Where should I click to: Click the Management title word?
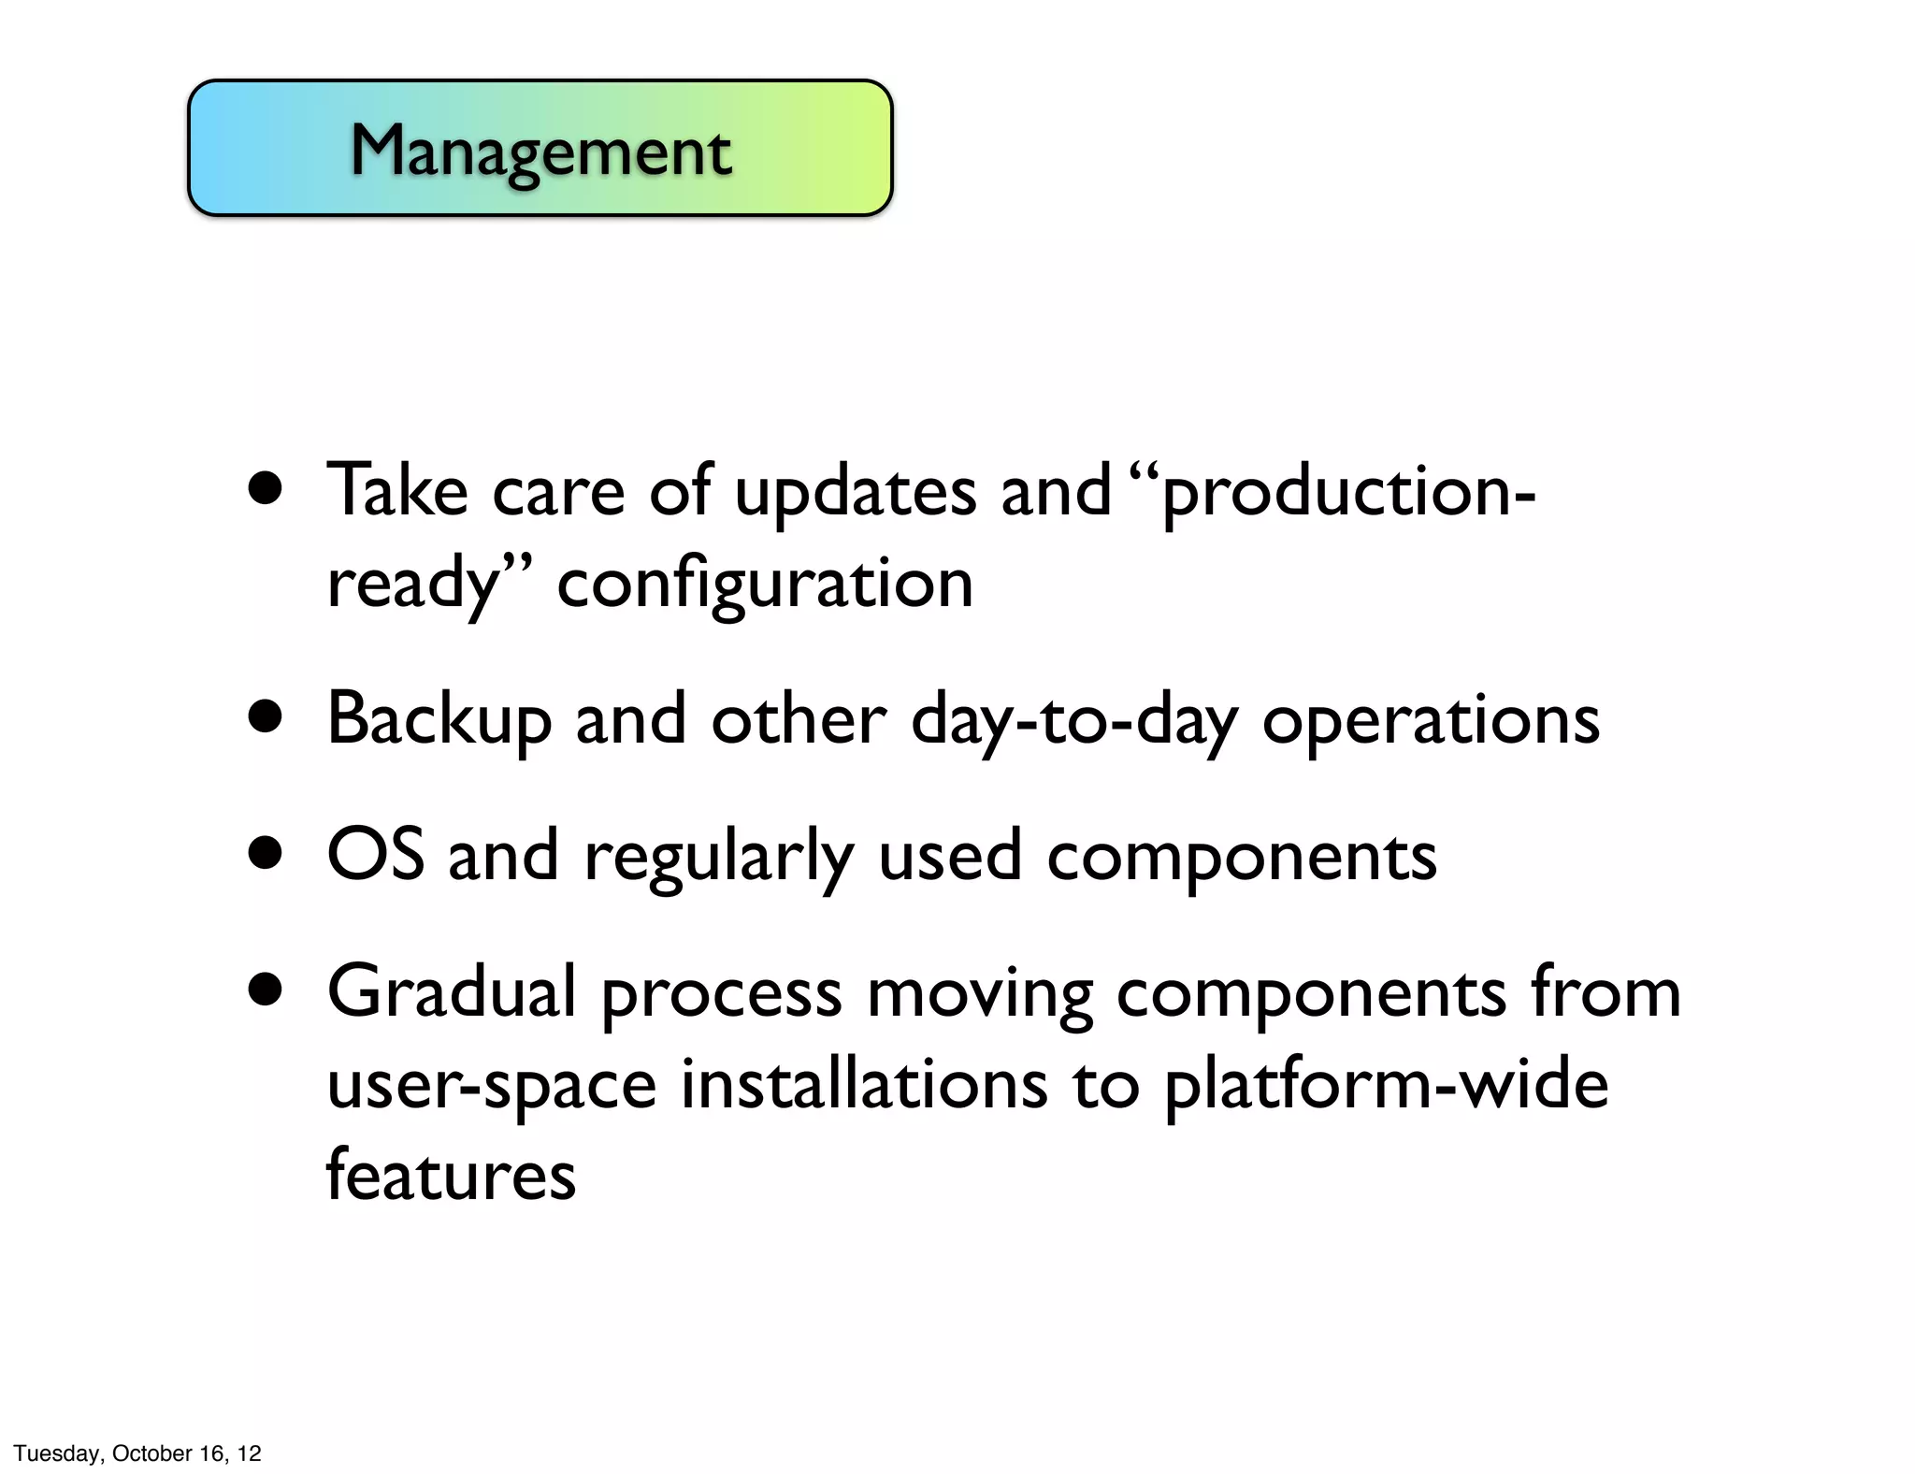coord(540,152)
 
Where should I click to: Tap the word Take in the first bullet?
coord(396,491)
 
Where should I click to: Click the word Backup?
coord(439,720)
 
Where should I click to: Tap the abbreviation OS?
coord(375,855)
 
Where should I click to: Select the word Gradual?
coord(452,991)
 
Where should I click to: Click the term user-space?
coord(492,1086)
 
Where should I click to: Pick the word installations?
coord(864,1084)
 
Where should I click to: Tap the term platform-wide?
coord(1386,1084)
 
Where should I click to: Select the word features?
coord(451,1175)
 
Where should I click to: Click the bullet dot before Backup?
coord(266,717)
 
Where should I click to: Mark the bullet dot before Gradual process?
coord(266,990)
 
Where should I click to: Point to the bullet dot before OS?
coord(266,854)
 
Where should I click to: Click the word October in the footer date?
coord(151,1452)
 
